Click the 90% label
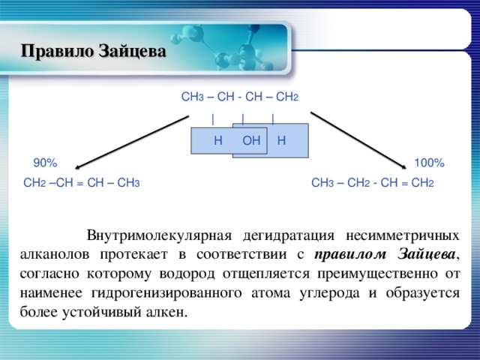point(44,163)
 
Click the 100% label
point(429,163)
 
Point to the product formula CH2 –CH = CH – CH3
point(82,182)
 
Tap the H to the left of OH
point(217,140)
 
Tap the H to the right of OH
point(280,140)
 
